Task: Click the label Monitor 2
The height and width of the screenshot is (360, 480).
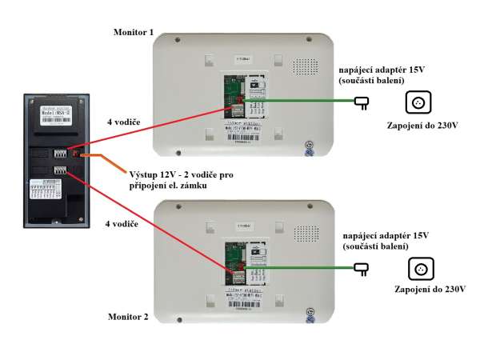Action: point(128,317)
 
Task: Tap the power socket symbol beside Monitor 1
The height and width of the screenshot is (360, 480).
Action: point(418,102)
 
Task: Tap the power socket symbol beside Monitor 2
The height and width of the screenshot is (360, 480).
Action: point(418,269)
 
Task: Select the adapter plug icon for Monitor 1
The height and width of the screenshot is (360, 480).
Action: point(361,102)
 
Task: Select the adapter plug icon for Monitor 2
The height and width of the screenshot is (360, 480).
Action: point(361,270)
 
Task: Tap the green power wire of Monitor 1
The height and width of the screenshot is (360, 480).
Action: point(304,102)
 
